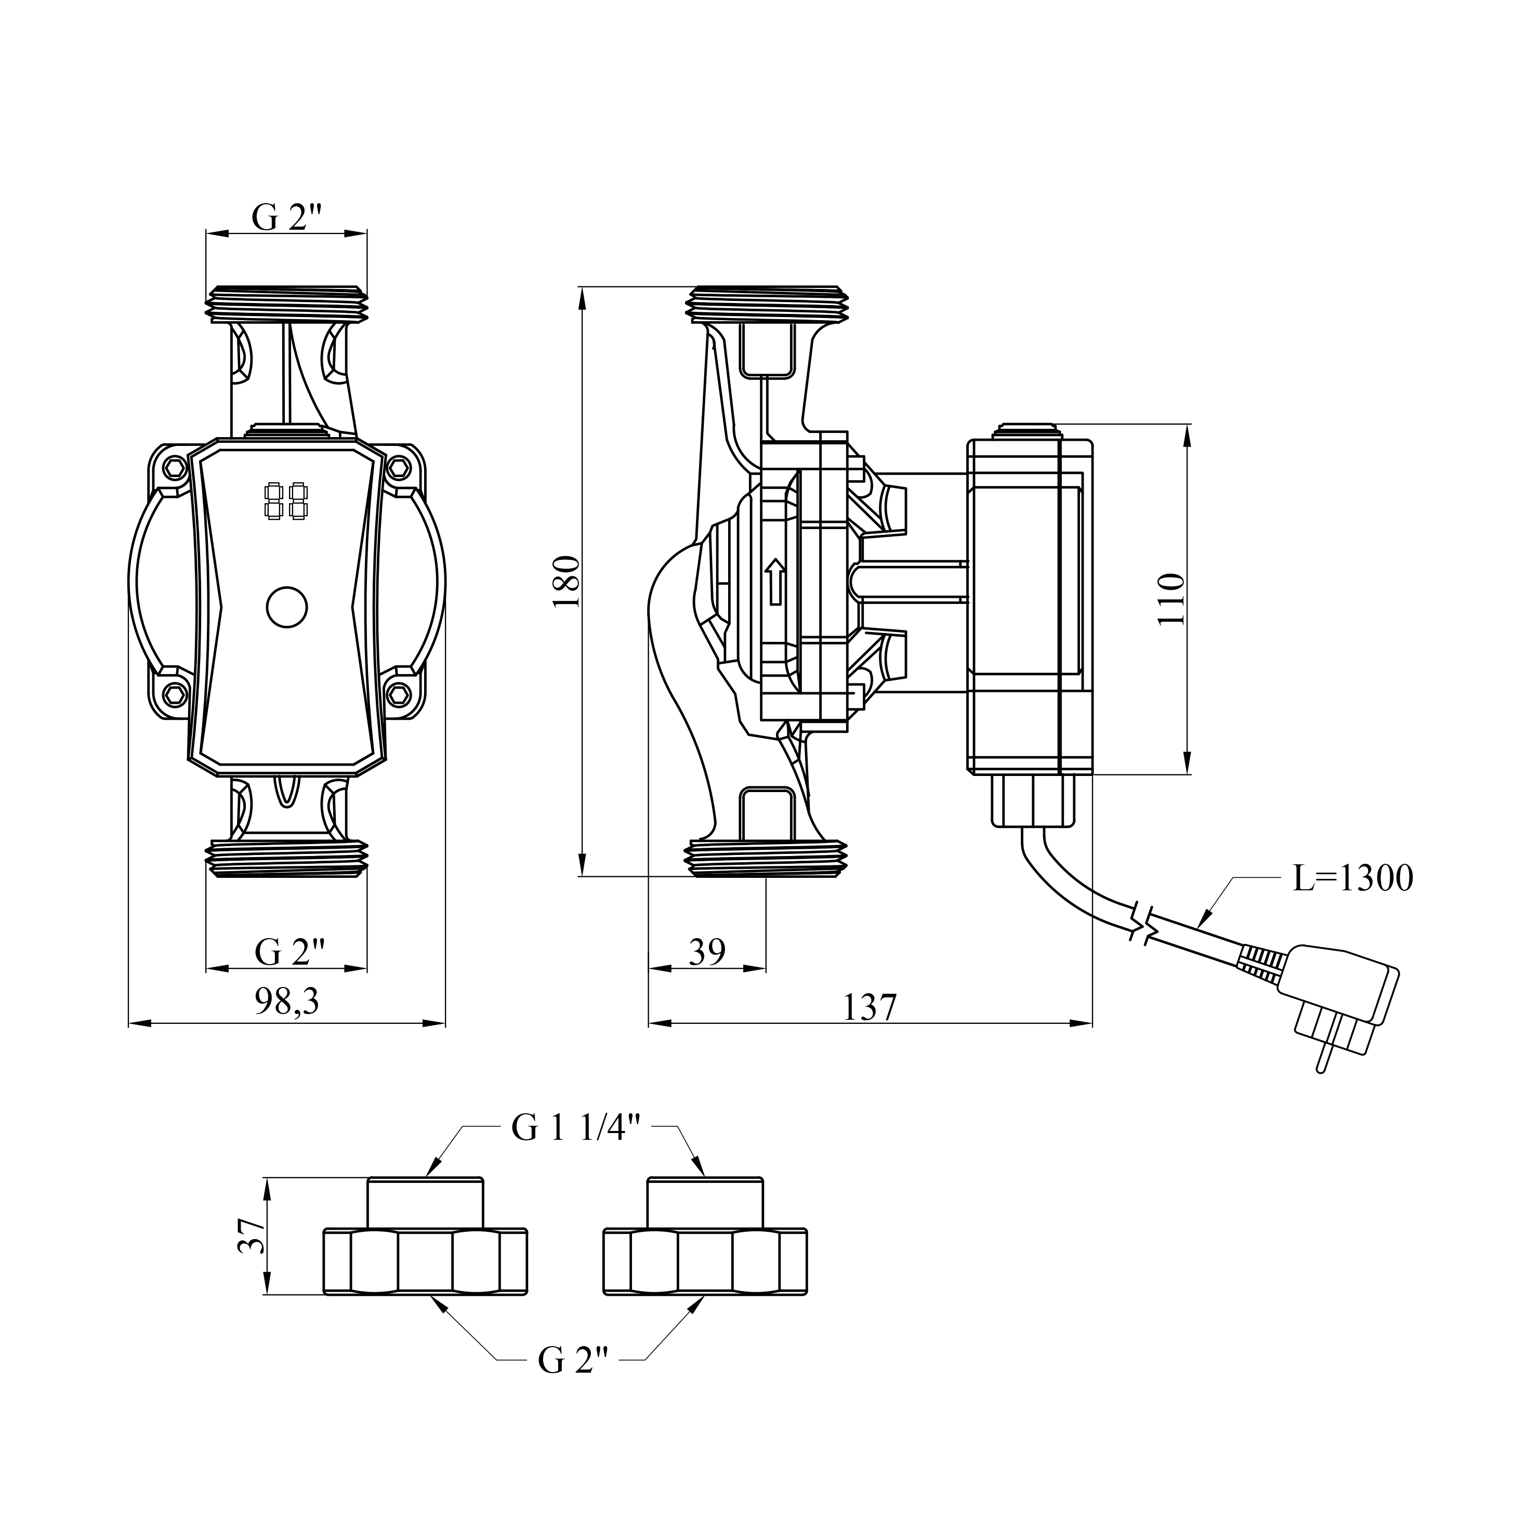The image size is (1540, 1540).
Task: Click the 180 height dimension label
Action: click(x=567, y=583)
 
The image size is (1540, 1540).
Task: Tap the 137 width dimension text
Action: click(x=870, y=1008)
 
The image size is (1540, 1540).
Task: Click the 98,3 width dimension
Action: click(x=287, y=1002)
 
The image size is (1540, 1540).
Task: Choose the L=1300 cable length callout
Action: click(x=1353, y=879)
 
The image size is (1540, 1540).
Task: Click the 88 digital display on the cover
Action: click(x=286, y=502)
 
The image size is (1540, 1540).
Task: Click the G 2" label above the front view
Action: click(x=287, y=217)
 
